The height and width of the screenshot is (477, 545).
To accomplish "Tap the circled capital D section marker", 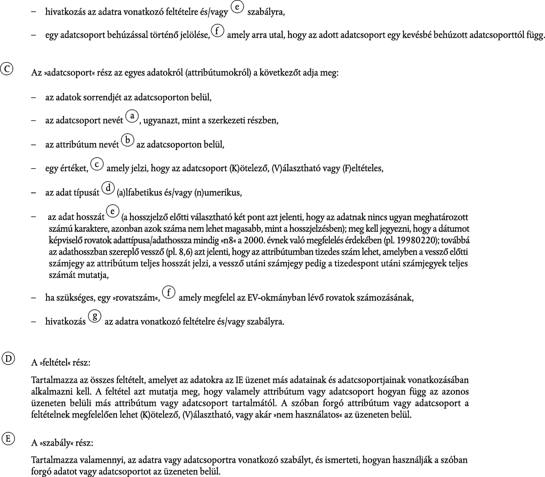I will pos(8,359).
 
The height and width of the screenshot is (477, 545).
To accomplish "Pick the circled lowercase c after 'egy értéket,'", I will pos(97,164).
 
